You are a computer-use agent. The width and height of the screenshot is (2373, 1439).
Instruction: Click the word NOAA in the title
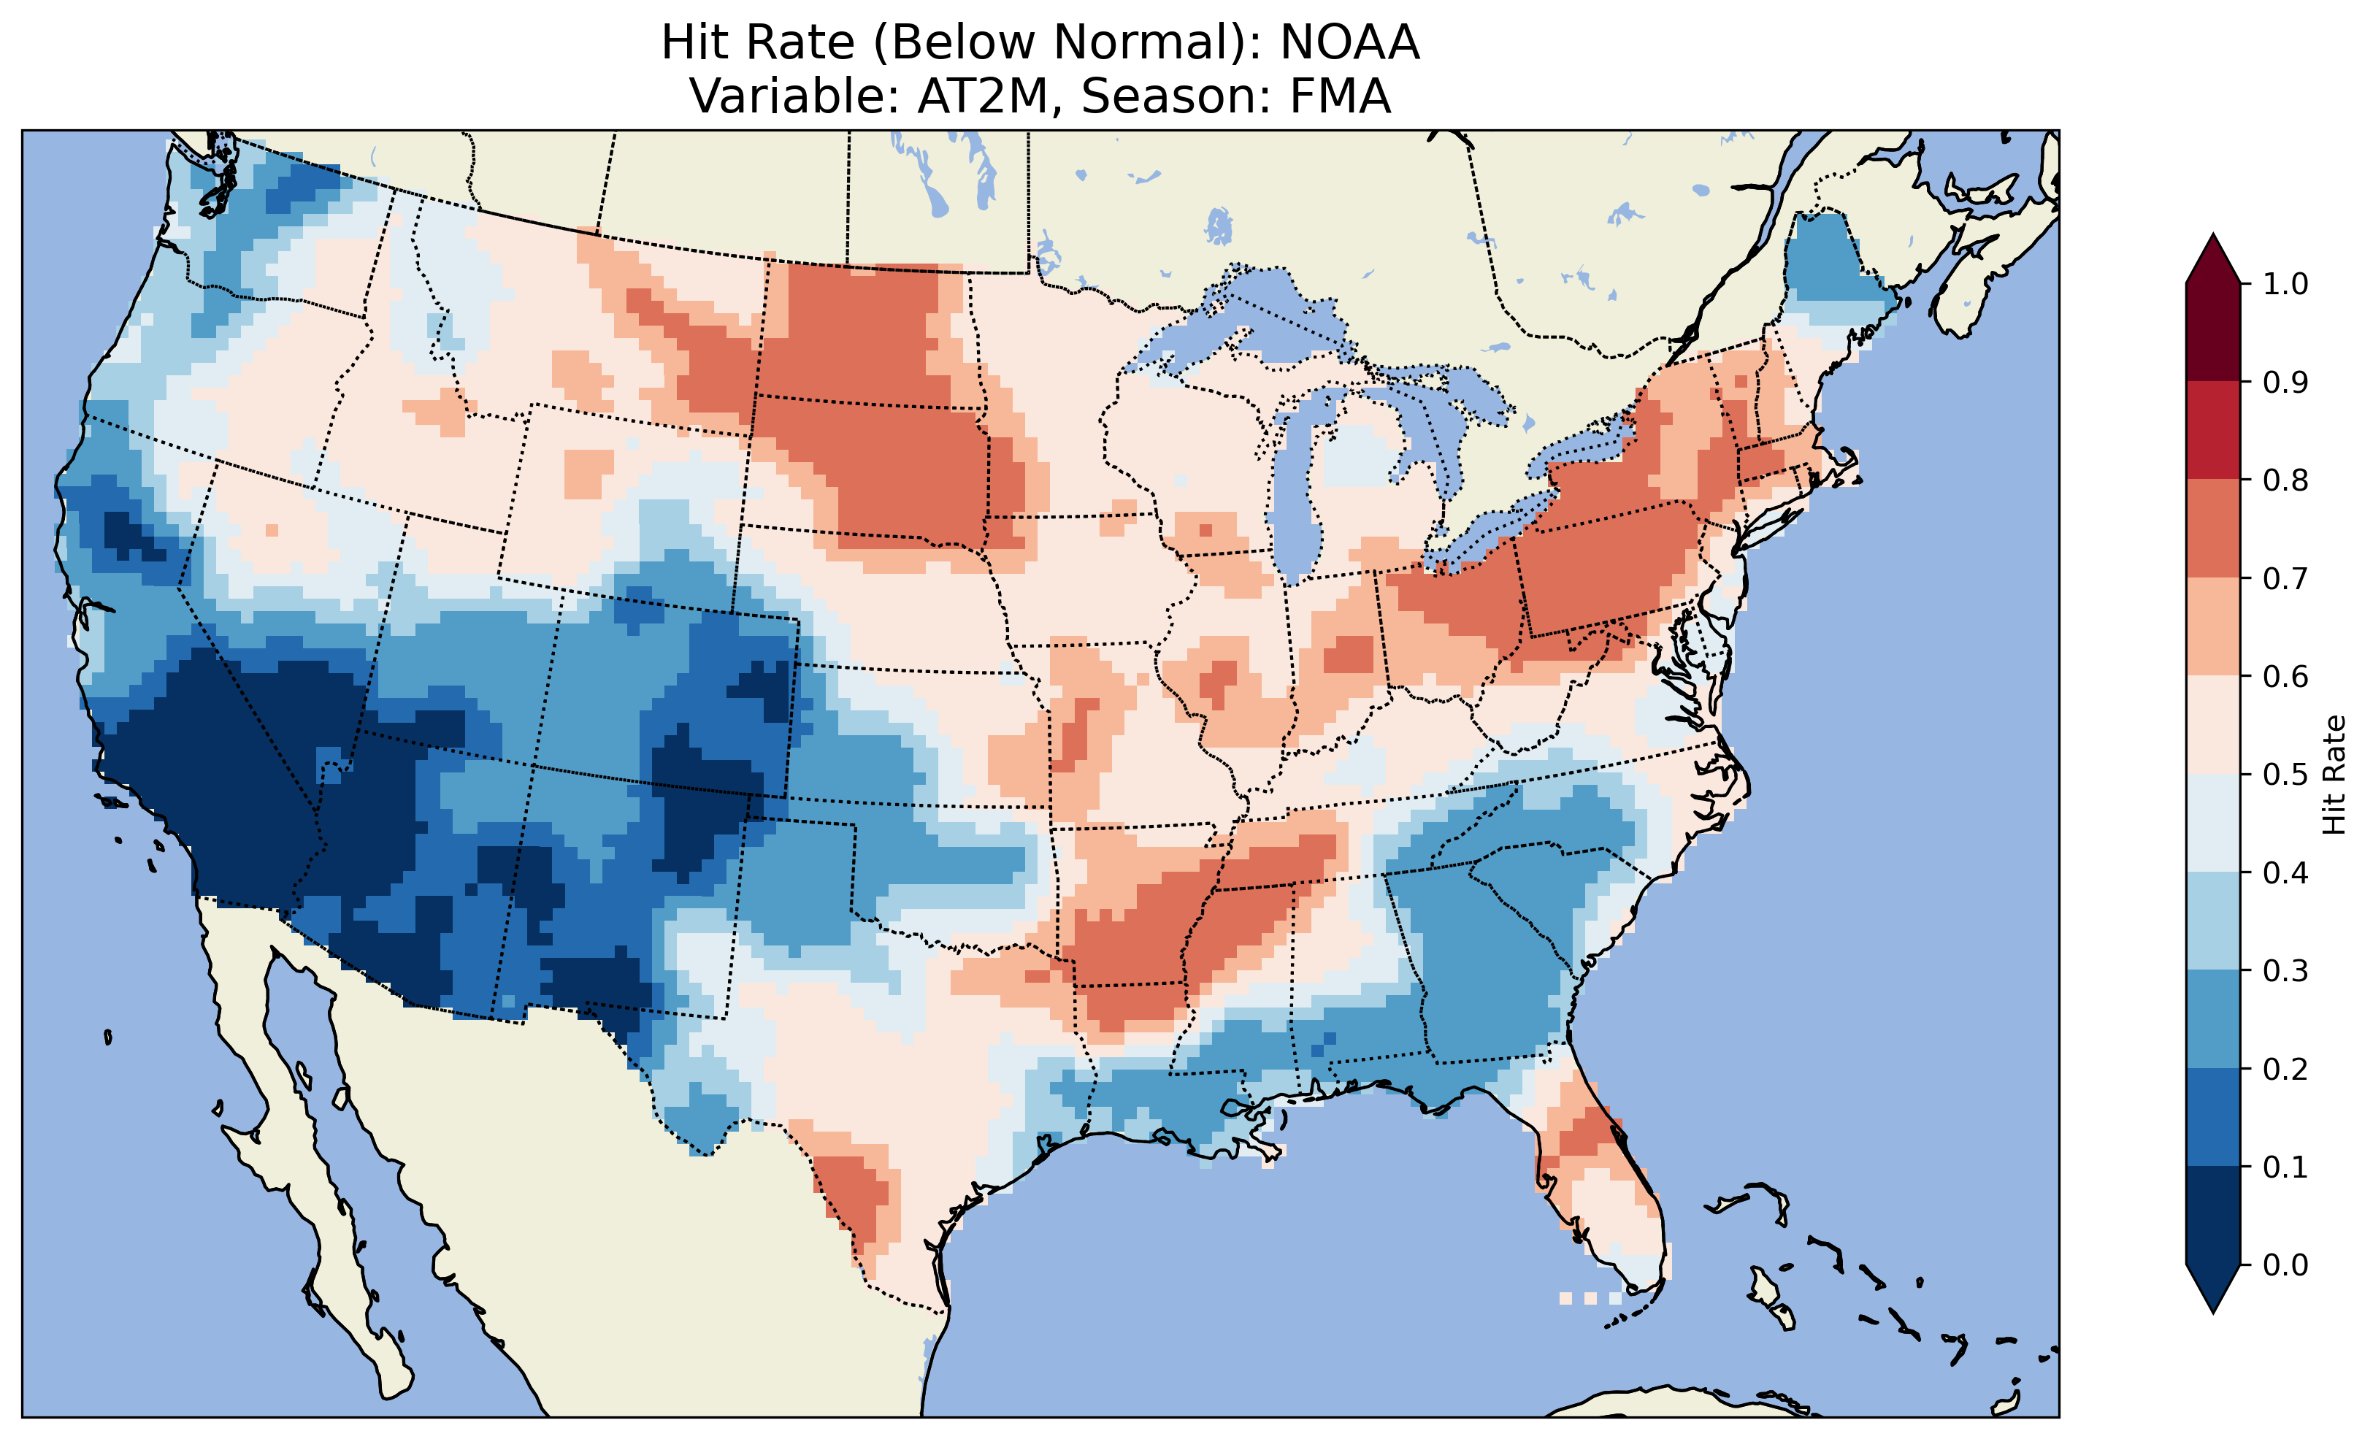(1349, 42)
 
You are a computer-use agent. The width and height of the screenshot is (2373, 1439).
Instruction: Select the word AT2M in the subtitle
(981, 96)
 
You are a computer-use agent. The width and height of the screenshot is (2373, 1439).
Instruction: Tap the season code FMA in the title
(1346, 96)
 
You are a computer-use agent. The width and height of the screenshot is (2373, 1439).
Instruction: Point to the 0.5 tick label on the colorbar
(2285, 775)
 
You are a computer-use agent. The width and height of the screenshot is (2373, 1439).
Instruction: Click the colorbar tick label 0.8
(2285, 480)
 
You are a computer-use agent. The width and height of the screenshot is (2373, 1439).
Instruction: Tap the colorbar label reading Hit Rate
(2334, 775)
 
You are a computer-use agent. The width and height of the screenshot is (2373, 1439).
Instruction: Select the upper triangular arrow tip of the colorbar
(2213, 258)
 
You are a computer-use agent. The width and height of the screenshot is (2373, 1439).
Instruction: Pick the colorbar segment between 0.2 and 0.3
(2213, 1019)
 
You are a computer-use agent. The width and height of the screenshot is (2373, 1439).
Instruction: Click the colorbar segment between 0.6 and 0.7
(2213, 627)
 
